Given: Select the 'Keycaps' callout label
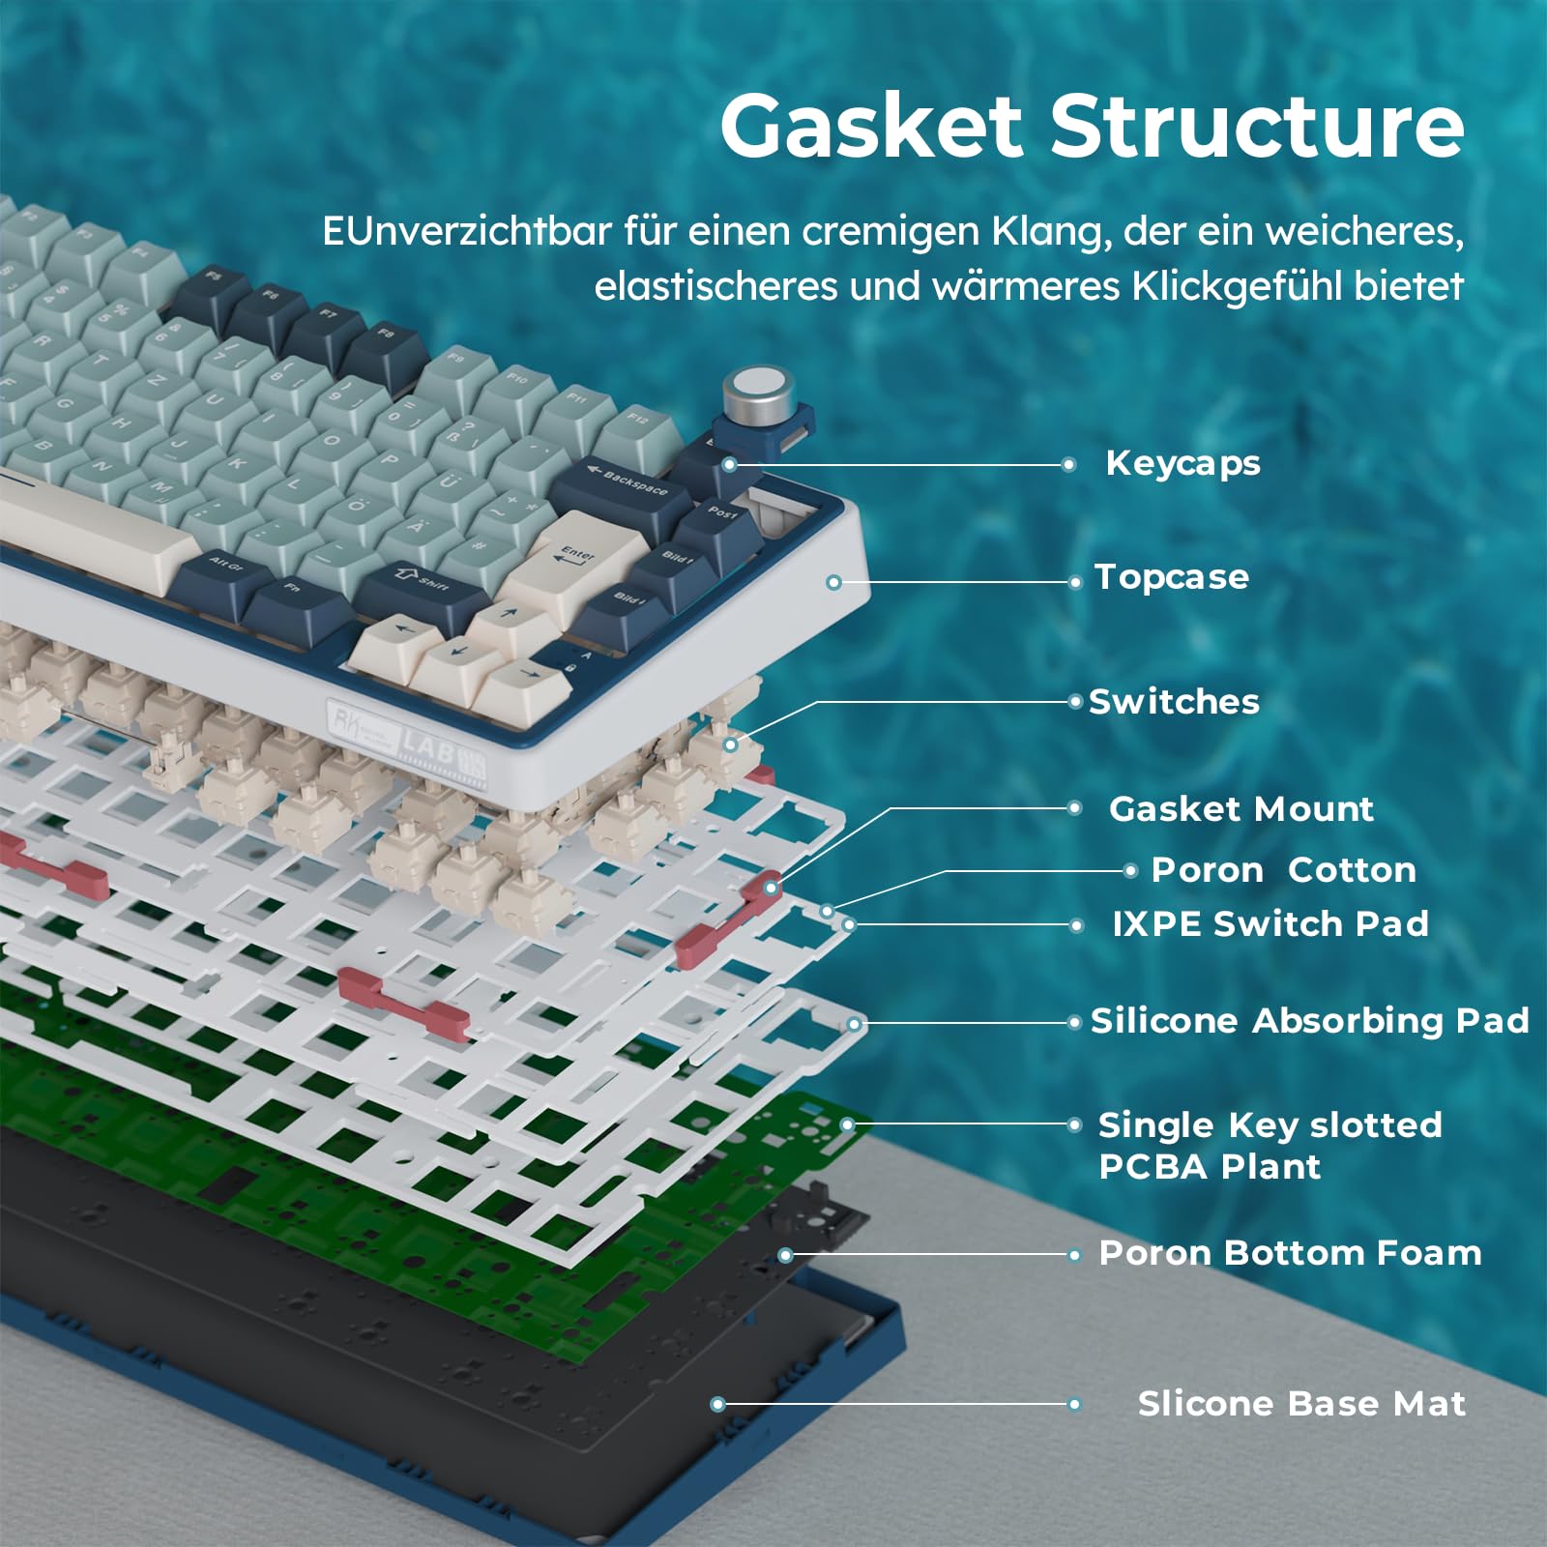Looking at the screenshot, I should tap(1182, 463).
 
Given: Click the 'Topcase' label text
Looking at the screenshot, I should tap(1171, 577).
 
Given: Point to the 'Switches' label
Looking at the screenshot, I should tap(1174, 702).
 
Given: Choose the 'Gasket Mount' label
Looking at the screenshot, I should tap(1241, 809).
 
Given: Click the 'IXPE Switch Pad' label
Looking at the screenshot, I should tap(1270, 924).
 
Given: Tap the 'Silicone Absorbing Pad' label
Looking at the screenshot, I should tap(1309, 1021).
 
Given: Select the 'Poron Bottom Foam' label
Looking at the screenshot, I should tap(1290, 1253).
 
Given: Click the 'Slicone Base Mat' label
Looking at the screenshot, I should tap(1300, 1404).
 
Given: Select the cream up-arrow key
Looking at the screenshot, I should tap(510, 619).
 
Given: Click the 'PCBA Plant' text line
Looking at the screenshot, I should tap(1209, 1167).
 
